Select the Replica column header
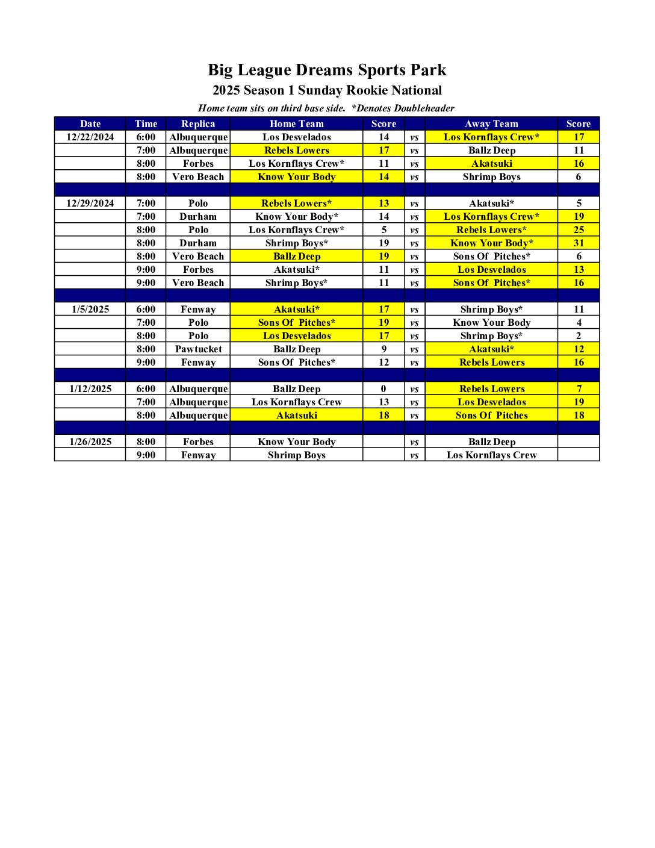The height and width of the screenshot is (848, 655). point(198,123)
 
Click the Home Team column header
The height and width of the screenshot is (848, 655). point(297,123)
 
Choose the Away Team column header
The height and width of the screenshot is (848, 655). point(491,123)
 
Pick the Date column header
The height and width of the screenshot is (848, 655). point(90,123)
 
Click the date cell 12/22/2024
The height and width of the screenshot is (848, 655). point(90,137)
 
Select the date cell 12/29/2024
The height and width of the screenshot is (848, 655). point(90,203)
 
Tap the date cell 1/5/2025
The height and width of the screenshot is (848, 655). point(90,309)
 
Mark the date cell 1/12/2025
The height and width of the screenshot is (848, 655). point(90,388)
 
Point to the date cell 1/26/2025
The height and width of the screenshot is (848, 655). point(90,441)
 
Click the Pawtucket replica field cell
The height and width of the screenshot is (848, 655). point(198,349)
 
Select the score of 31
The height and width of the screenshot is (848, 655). point(579,243)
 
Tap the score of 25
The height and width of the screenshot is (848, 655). point(579,229)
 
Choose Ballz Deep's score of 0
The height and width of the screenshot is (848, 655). point(383,388)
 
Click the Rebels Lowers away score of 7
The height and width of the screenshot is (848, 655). point(579,388)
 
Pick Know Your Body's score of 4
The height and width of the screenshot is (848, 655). point(579,322)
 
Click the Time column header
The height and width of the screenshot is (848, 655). point(146,123)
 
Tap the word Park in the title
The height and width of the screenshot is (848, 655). point(429,70)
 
